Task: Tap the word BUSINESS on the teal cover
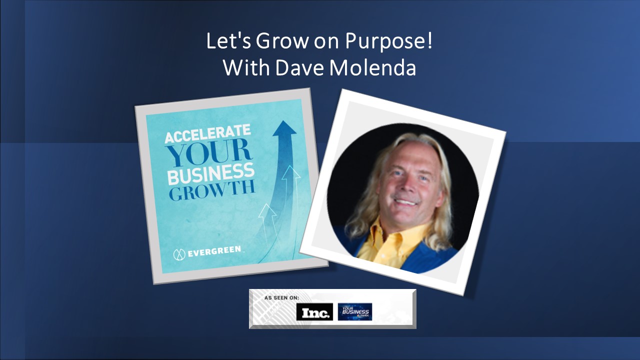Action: tap(210, 176)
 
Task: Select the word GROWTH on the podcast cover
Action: tap(212, 192)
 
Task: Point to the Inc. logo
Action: tap(314, 312)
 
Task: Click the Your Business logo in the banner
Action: tap(354, 311)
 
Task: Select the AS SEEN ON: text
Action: tap(281, 297)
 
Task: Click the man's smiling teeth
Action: tap(406, 202)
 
